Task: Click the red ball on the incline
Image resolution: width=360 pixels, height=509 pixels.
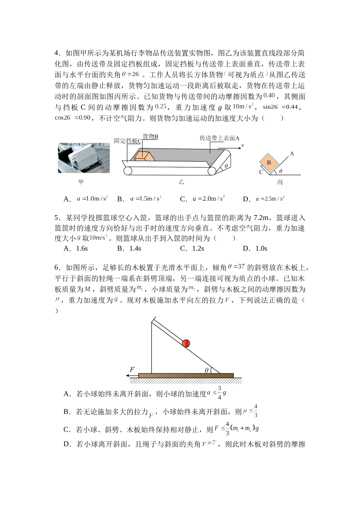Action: [186, 343]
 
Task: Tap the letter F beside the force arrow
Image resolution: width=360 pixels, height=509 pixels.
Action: [132, 369]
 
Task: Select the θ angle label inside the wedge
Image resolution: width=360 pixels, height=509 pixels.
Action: [207, 370]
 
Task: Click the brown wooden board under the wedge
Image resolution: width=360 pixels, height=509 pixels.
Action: [186, 376]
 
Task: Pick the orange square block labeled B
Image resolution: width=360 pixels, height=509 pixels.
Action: [269, 162]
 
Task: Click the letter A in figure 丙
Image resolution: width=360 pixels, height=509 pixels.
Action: [292, 154]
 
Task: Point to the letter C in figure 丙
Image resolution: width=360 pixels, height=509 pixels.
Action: [261, 172]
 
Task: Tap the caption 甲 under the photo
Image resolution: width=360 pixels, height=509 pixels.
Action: [81, 182]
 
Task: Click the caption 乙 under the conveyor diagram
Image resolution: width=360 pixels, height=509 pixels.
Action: [182, 182]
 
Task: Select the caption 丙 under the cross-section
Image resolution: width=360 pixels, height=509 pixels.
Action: [280, 182]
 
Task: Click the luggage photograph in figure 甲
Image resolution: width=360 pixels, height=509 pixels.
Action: [84, 158]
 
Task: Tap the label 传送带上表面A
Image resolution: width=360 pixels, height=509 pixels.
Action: [219, 138]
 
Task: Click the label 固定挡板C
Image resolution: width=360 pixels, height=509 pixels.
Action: [128, 141]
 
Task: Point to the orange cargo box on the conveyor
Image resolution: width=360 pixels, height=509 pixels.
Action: [143, 156]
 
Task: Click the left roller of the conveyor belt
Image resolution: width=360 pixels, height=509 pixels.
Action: [128, 171]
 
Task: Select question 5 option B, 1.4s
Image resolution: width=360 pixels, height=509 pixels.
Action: [129, 248]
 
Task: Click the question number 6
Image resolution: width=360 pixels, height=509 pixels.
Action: [57, 268]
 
